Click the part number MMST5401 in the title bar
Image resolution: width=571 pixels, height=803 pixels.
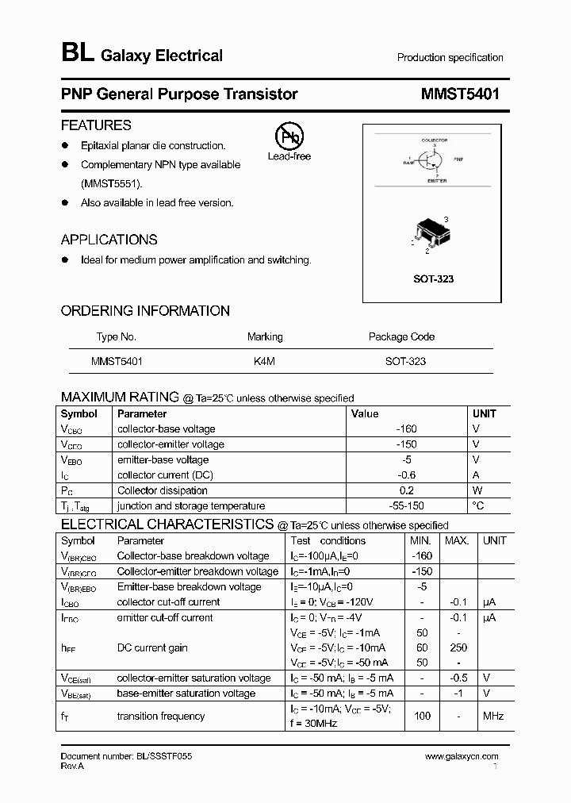pyautogui.click(x=461, y=94)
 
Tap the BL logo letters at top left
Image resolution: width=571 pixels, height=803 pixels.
pyautogui.click(x=78, y=54)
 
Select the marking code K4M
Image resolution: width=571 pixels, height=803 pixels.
pyautogui.click(x=264, y=361)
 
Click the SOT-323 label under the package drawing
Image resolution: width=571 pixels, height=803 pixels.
pyautogui.click(x=434, y=279)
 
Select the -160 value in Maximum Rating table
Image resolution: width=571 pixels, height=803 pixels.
pyautogui.click(x=406, y=428)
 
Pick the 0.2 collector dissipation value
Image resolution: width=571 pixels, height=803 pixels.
pyautogui.click(x=406, y=490)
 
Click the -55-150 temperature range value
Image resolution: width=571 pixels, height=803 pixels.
pyautogui.click(x=406, y=505)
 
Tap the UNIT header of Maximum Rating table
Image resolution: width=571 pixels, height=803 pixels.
pyautogui.click(x=484, y=413)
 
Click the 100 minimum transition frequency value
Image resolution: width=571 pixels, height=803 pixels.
pyautogui.click(x=422, y=716)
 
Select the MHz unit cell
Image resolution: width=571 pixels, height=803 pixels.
pyautogui.click(x=493, y=716)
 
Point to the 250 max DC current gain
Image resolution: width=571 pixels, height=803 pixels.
pyautogui.click(x=458, y=647)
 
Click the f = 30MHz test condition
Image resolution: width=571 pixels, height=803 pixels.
pyautogui.click(x=315, y=723)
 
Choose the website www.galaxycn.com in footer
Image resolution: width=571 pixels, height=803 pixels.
pyautogui.click(x=462, y=757)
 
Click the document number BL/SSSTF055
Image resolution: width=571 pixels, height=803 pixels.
pyautogui.click(x=126, y=757)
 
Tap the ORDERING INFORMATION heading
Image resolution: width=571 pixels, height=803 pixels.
pyautogui.click(x=145, y=311)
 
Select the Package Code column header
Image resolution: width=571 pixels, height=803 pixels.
pyautogui.click(x=401, y=336)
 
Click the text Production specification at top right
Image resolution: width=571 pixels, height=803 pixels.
pyautogui.click(x=450, y=58)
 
